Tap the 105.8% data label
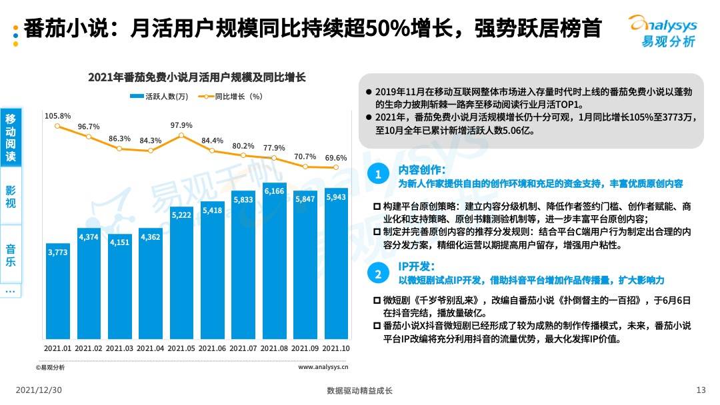click(57, 116)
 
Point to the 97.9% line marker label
click(181, 125)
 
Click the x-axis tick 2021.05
click(181, 348)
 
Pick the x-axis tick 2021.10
click(336, 348)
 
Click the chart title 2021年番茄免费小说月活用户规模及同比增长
click(197, 77)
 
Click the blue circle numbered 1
click(377, 175)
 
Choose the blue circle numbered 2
click(377, 274)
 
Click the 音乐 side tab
click(11, 255)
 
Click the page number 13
click(701, 390)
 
